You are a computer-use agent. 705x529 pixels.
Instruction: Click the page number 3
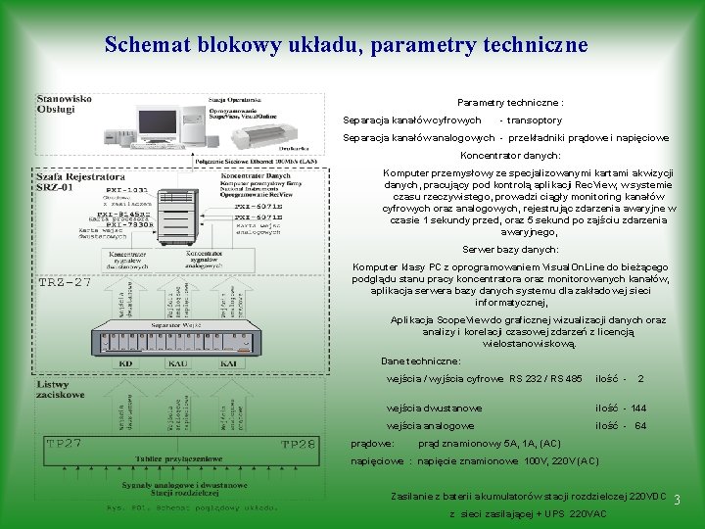(676, 501)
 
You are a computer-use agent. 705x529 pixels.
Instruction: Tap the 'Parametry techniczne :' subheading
(510, 102)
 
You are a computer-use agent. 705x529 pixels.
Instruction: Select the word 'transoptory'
(534, 120)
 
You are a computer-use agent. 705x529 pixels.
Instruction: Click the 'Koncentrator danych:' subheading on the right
(510, 155)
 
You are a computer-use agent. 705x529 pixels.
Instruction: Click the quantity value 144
(637, 408)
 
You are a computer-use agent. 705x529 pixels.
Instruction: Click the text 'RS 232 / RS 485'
(545, 378)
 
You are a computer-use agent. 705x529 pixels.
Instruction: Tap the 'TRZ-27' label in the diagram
(65, 282)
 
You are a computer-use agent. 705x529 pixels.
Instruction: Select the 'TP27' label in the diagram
(65, 444)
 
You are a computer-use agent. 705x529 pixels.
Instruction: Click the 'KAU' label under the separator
(177, 363)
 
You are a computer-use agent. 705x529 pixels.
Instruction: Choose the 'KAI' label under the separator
(229, 363)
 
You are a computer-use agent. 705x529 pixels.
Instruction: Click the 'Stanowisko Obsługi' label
(65, 104)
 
